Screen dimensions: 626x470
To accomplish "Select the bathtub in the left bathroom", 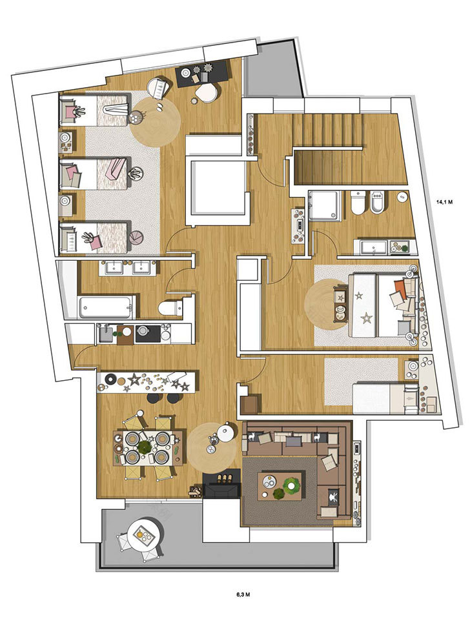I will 106,307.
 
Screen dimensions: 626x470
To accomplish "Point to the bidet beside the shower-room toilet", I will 378,205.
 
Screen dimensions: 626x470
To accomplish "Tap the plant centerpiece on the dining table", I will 145,447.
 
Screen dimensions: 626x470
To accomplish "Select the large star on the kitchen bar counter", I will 134,379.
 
